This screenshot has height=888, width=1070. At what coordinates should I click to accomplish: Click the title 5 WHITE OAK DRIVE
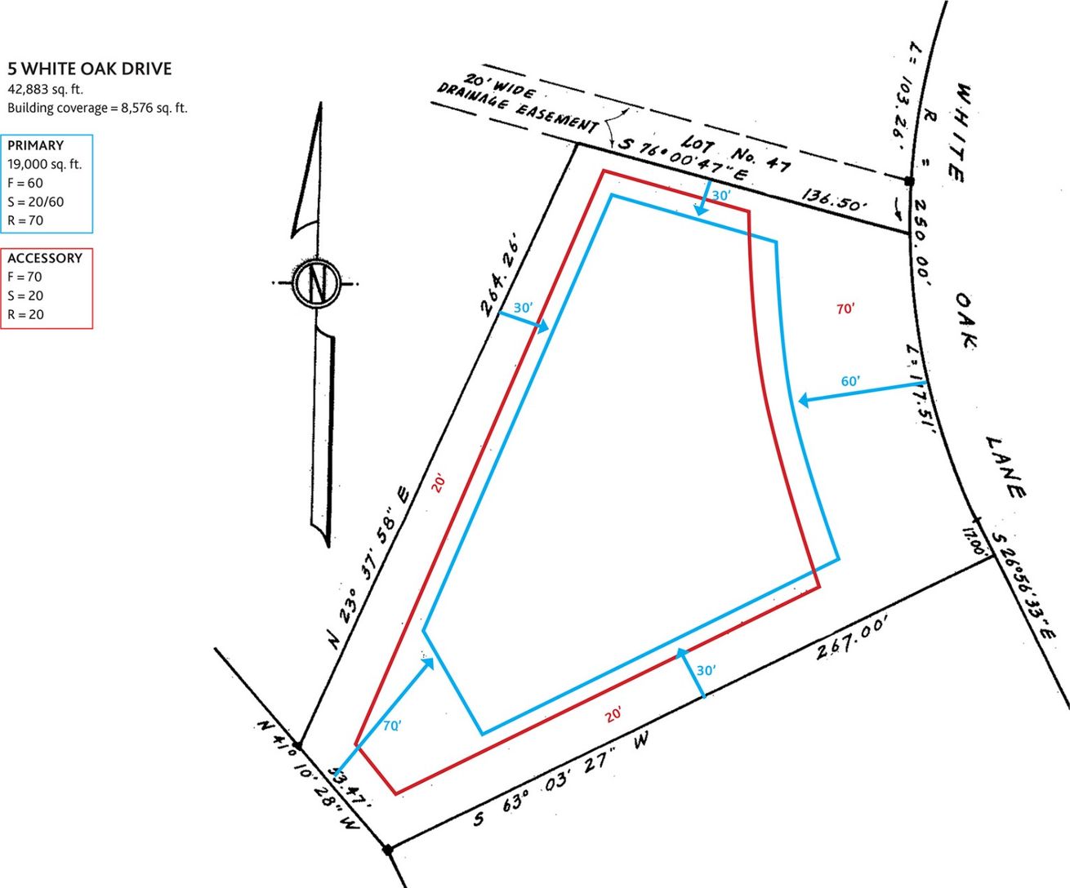[90, 69]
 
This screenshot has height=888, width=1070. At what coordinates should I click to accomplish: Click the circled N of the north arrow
[316, 282]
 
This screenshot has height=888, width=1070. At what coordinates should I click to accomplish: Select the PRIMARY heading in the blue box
[35, 145]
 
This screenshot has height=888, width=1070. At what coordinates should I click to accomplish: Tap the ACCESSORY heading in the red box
[45, 258]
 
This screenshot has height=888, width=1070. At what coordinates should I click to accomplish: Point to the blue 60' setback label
[850, 381]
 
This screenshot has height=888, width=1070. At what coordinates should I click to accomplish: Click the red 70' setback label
[845, 309]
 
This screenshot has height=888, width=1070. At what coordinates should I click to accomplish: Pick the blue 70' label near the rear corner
[392, 726]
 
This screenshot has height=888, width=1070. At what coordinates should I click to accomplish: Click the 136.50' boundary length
[834, 200]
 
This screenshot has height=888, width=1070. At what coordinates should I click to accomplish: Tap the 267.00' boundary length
[851, 638]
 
